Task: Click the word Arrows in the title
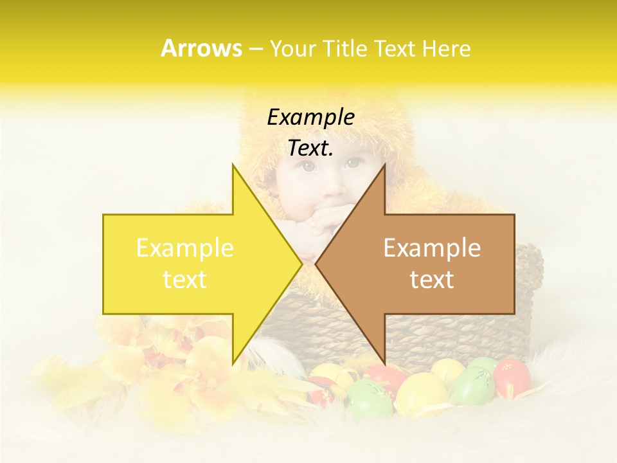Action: click(201, 48)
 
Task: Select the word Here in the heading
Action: click(447, 48)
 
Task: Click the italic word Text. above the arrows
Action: click(310, 149)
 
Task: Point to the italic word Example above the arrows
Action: click(310, 117)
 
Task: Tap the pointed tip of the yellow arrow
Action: click(300, 264)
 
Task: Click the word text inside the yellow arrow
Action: click(184, 280)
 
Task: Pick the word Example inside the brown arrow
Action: click(432, 248)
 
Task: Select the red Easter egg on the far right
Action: click(512, 377)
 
